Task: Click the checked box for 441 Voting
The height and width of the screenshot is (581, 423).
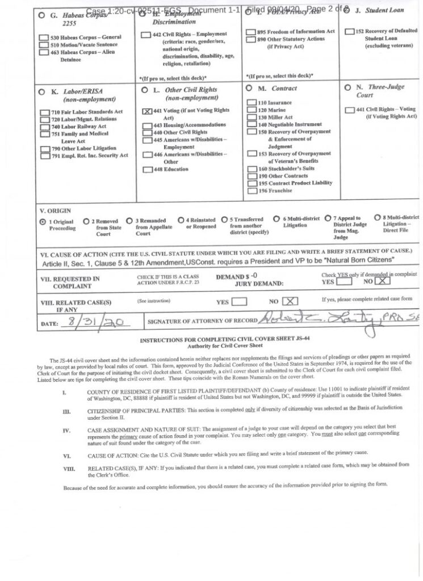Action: click(x=146, y=112)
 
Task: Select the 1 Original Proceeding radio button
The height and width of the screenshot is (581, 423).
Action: click(x=43, y=222)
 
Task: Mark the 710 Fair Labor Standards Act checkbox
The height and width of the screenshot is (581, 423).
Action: click(x=45, y=112)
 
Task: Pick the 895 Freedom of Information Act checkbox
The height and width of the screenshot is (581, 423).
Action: click(x=251, y=32)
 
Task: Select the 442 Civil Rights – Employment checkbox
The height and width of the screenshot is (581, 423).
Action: click(x=146, y=35)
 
